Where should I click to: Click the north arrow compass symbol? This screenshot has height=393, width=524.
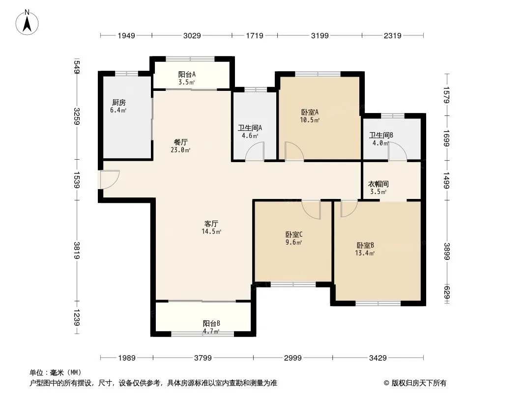click(x=27, y=23)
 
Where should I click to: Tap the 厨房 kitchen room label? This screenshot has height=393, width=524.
click(x=119, y=103)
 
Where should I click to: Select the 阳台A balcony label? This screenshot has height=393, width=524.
click(x=187, y=74)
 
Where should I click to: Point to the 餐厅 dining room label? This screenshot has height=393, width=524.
click(x=181, y=142)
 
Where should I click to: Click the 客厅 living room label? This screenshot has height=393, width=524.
click(x=211, y=224)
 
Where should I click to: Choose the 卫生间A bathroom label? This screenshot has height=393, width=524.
click(x=250, y=128)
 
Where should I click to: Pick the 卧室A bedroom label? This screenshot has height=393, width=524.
click(x=310, y=112)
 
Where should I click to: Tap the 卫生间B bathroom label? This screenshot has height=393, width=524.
click(x=381, y=135)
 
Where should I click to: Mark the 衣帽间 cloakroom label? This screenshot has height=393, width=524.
click(x=378, y=184)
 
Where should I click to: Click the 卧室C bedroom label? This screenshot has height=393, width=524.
click(x=294, y=234)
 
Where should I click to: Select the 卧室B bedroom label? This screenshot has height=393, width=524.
click(x=365, y=245)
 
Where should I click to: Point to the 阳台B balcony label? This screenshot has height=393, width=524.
click(x=211, y=323)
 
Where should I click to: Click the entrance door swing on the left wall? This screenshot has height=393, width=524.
click(x=110, y=180)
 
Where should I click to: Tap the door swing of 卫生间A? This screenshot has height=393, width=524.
click(x=255, y=151)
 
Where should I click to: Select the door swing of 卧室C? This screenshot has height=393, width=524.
click(x=311, y=209)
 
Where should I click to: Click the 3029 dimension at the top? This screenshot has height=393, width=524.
click(x=192, y=35)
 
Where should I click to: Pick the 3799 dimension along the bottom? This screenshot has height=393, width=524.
click(x=203, y=358)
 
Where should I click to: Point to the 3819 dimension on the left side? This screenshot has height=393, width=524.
click(x=77, y=251)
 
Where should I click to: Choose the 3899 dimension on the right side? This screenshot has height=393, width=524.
click(x=447, y=251)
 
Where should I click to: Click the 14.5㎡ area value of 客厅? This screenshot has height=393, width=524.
click(x=211, y=231)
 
